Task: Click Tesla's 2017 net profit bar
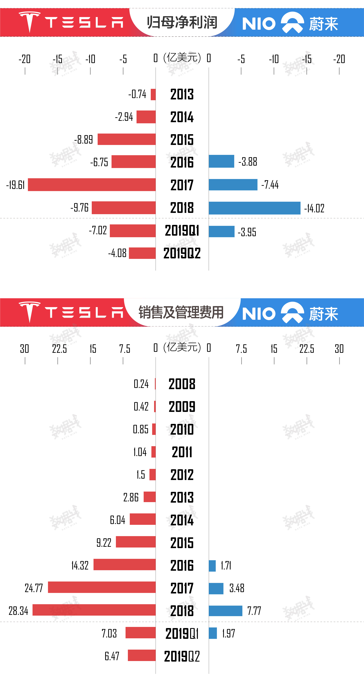[92, 185]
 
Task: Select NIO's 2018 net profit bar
[254, 208]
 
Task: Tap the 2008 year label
[182, 384]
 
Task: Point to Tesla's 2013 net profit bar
[153, 95]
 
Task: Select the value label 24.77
[34, 588]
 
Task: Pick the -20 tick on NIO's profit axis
[339, 59]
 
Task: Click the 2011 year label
[182, 452]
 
